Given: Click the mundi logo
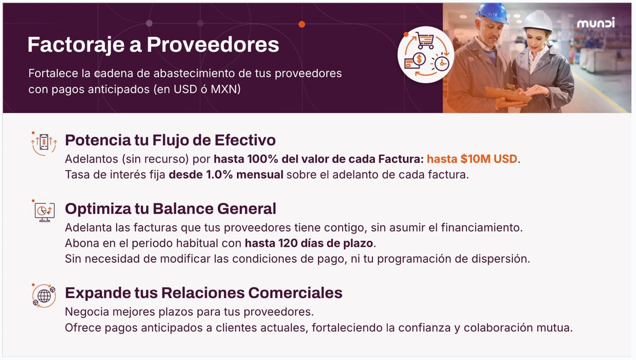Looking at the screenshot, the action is [596, 23].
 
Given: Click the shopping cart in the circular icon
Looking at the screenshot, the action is [425, 40].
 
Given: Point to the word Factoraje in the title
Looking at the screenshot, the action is [76, 45].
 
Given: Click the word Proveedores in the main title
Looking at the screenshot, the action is [213, 45].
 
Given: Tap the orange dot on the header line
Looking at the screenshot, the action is [302, 24].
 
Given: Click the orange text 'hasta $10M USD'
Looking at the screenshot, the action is [472, 159].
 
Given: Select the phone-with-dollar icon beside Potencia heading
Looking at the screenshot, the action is [44, 143].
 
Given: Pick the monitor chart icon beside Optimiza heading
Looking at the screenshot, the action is [45, 211].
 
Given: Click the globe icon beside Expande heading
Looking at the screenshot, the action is [44, 296].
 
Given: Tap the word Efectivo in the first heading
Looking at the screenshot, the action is [245, 140].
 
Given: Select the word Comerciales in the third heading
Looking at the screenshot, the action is [295, 293].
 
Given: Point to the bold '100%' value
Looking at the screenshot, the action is [263, 159].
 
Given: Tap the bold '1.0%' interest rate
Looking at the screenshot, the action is [219, 174].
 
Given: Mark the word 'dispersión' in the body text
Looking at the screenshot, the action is [500, 259].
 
